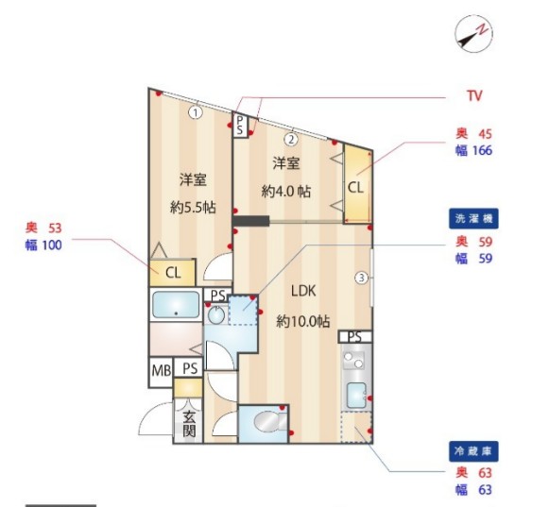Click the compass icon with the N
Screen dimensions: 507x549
coord(473,35)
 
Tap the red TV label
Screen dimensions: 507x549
coord(474,96)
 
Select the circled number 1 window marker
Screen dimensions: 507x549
coord(195,112)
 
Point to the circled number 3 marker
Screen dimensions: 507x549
coord(361,278)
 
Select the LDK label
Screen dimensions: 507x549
coord(303,293)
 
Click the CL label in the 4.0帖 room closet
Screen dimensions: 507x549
coord(355,187)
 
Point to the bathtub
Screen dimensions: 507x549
coord(176,306)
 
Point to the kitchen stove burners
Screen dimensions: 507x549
coord(355,360)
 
